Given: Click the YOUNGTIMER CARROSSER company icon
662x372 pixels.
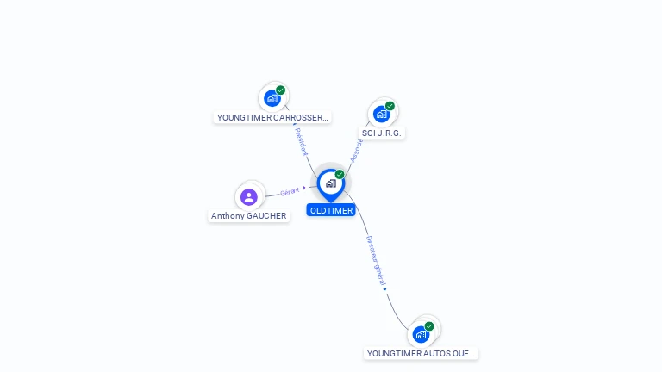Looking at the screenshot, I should [272, 97].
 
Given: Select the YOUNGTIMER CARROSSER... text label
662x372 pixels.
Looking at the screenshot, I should [272, 117].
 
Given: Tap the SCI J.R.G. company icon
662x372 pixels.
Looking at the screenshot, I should [382, 113].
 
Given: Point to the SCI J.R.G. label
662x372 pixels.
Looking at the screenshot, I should [382, 133].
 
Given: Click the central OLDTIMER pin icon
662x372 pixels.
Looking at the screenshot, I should [330, 183].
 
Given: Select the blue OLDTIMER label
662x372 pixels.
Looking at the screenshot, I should [331, 210].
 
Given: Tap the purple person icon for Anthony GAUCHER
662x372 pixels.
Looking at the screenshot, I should [249, 196].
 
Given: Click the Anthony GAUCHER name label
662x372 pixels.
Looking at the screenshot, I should [249, 216].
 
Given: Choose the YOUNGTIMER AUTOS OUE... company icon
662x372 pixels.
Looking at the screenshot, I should [422, 333].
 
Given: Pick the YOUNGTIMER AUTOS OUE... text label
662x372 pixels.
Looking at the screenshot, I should [421, 353].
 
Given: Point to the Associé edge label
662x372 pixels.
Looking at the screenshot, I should [356, 150].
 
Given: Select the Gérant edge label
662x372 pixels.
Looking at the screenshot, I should [290, 191].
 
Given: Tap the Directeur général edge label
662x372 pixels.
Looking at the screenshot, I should [375, 260].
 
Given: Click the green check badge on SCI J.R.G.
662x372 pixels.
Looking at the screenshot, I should [390, 106].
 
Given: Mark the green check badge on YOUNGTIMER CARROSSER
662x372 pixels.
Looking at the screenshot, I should [280, 90].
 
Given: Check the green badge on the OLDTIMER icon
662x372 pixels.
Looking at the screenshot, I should [340, 175].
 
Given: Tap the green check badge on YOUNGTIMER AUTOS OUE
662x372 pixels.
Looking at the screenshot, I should [429, 326].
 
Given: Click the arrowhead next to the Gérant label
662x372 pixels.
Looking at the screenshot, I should [304, 188].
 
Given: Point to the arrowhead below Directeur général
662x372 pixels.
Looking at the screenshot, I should [384, 288].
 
